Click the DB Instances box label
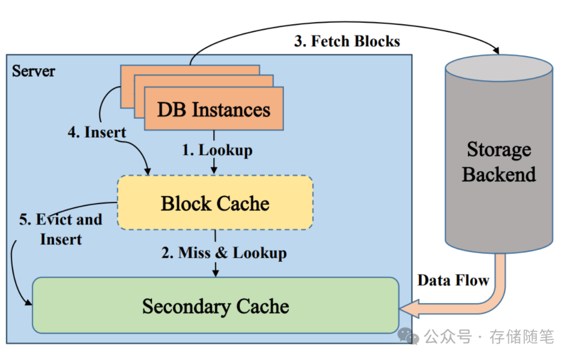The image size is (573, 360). click(x=213, y=110)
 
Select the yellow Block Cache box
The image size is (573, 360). click(x=215, y=203)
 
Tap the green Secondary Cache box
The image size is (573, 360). click(x=215, y=306)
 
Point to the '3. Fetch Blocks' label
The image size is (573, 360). click(x=347, y=41)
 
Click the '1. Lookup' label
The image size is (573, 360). click(x=217, y=150)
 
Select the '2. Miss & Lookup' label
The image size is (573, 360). click(x=224, y=253)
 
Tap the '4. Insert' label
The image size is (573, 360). click(x=97, y=132)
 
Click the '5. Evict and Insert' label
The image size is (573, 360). click(x=60, y=229)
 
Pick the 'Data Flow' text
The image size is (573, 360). click(x=453, y=280)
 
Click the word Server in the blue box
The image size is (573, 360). click(x=33, y=71)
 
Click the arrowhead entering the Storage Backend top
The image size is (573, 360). click(x=497, y=51)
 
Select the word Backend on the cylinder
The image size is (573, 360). click(x=499, y=174)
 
